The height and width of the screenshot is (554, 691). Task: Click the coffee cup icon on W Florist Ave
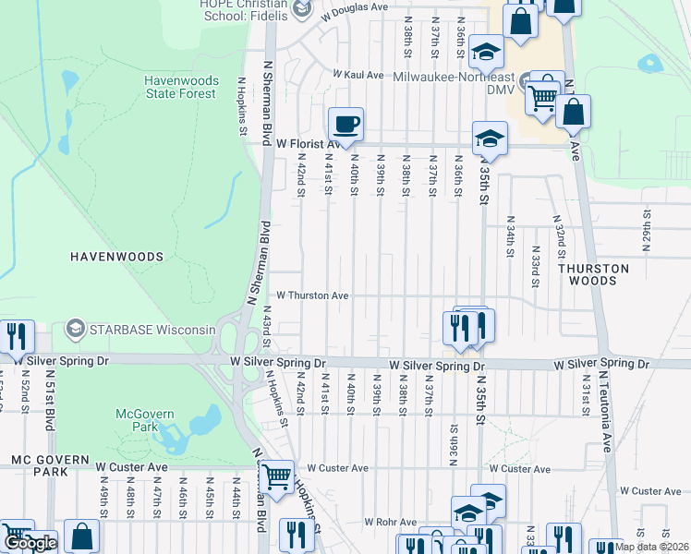pyautogui.click(x=345, y=124)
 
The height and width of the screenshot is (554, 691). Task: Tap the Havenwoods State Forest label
pyautogui.click(x=180, y=87)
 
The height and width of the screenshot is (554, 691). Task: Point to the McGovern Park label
pyautogui.click(x=139, y=421)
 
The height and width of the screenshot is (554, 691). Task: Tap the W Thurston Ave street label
pyautogui.click(x=313, y=295)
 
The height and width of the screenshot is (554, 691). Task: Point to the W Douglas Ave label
pyautogui.click(x=355, y=7)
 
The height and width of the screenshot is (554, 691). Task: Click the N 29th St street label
pyautogui.click(x=647, y=226)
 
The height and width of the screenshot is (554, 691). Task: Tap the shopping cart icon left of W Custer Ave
pyautogui.click(x=276, y=476)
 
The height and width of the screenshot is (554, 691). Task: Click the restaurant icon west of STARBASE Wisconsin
pyautogui.click(x=16, y=336)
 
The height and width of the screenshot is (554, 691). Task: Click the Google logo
pyautogui.click(x=30, y=543)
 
